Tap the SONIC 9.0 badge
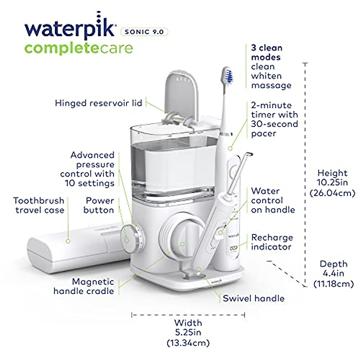pos(144,31)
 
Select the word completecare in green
pos(78,48)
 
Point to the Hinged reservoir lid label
pos(98,103)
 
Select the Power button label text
pos(99,205)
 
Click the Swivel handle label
pos(253,298)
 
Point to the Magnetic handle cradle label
pos(84,286)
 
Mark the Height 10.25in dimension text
pos(332,182)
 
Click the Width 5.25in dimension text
pos(188,333)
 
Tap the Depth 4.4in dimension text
pos(333,274)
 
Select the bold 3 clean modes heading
pos(266,52)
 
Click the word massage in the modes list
pos(271,85)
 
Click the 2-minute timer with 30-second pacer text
pos(274,119)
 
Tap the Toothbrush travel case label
pos(39,205)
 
